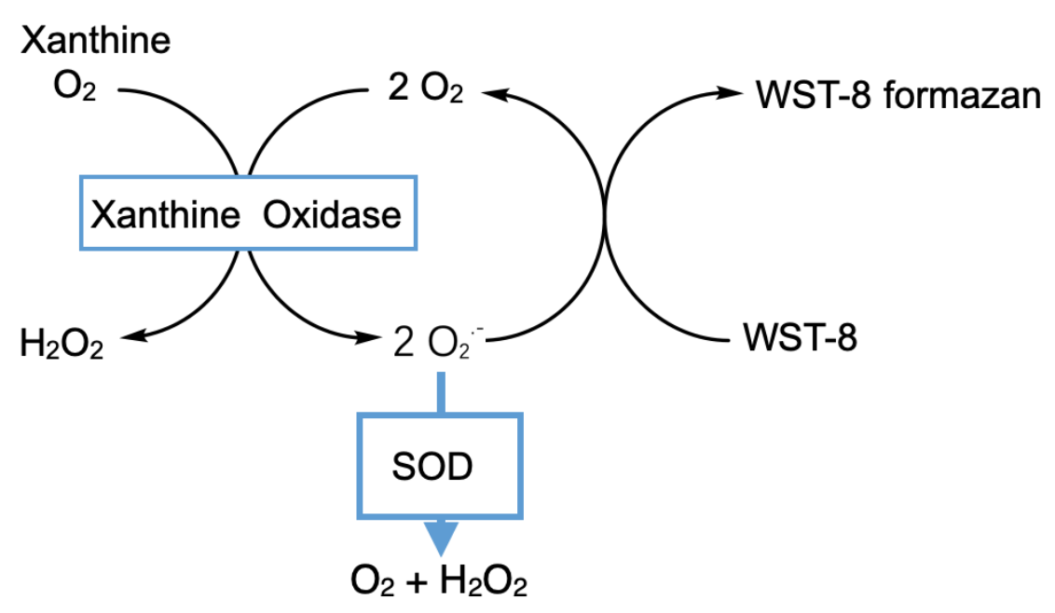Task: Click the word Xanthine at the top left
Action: [96, 41]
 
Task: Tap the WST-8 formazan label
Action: [898, 94]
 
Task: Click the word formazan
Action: [963, 94]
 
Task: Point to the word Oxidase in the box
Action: [332, 215]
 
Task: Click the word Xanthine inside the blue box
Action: [166, 215]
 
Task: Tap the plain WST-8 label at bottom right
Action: [801, 338]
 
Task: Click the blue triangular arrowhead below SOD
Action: [441, 538]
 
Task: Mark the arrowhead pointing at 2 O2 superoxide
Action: [374, 337]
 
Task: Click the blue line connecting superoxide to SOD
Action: [441, 391]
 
